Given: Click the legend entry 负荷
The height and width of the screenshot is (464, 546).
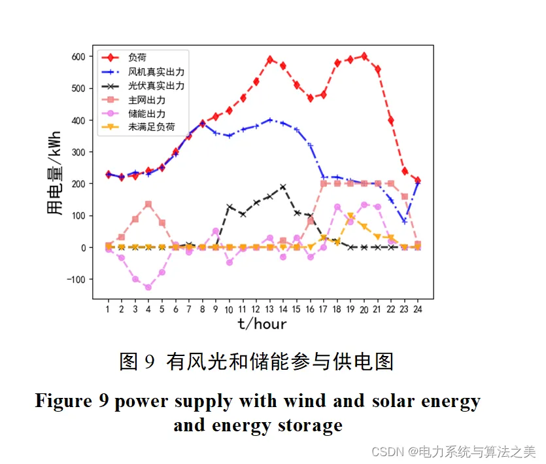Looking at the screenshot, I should point(137,58).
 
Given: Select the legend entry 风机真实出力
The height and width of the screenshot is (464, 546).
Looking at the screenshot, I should point(156,71).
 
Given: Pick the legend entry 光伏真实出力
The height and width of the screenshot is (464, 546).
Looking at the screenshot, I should point(156,85).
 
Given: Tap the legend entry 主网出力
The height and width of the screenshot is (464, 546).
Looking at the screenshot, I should point(147,99).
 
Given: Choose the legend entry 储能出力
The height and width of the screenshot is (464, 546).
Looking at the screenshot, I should point(147,113).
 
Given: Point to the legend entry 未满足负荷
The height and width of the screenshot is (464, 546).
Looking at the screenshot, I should point(152,127).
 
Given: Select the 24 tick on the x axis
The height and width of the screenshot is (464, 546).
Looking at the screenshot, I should point(417,309).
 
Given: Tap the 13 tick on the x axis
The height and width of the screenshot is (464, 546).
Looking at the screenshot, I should point(269,309).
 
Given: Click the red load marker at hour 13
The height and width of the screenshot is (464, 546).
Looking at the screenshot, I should point(270,60).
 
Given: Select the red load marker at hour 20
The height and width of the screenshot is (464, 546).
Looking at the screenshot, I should point(364,56).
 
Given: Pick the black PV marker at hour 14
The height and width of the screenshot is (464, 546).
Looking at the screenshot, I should point(283,187).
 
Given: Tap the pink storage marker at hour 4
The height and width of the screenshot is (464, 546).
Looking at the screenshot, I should point(148,287).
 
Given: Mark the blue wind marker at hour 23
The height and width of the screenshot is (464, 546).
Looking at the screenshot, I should point(405,221).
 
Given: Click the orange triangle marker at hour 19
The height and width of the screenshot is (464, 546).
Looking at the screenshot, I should point(351,215).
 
